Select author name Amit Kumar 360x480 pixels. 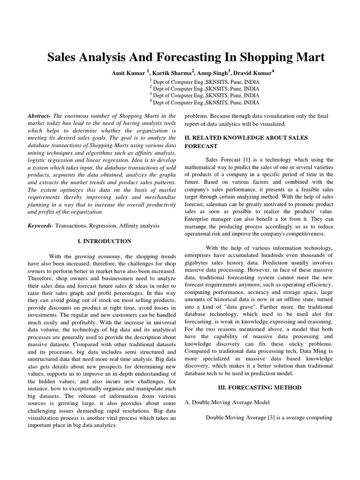tap(129, 73)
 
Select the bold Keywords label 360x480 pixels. tap(40, 225)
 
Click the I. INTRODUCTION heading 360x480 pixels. tap(104, 241)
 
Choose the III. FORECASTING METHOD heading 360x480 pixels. tap(260, 388)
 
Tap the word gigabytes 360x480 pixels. tap(198, 262)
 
